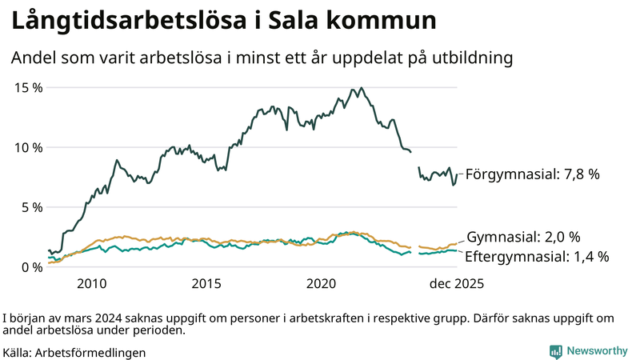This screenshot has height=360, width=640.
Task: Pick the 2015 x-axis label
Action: [206, 283]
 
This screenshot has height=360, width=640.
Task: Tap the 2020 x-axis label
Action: [322, 283]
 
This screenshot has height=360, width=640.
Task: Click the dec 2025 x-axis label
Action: [456, 283]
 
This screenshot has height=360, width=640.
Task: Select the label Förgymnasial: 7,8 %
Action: [532, 174]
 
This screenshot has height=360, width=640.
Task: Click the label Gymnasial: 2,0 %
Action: [522, 237]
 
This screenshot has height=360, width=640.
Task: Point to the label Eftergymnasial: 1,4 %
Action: [537, 257]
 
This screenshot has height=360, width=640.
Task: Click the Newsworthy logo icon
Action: [555, 351]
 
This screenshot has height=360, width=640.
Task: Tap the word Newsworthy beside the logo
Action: [598, 351]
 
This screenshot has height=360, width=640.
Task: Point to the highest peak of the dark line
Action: [362, 88]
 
